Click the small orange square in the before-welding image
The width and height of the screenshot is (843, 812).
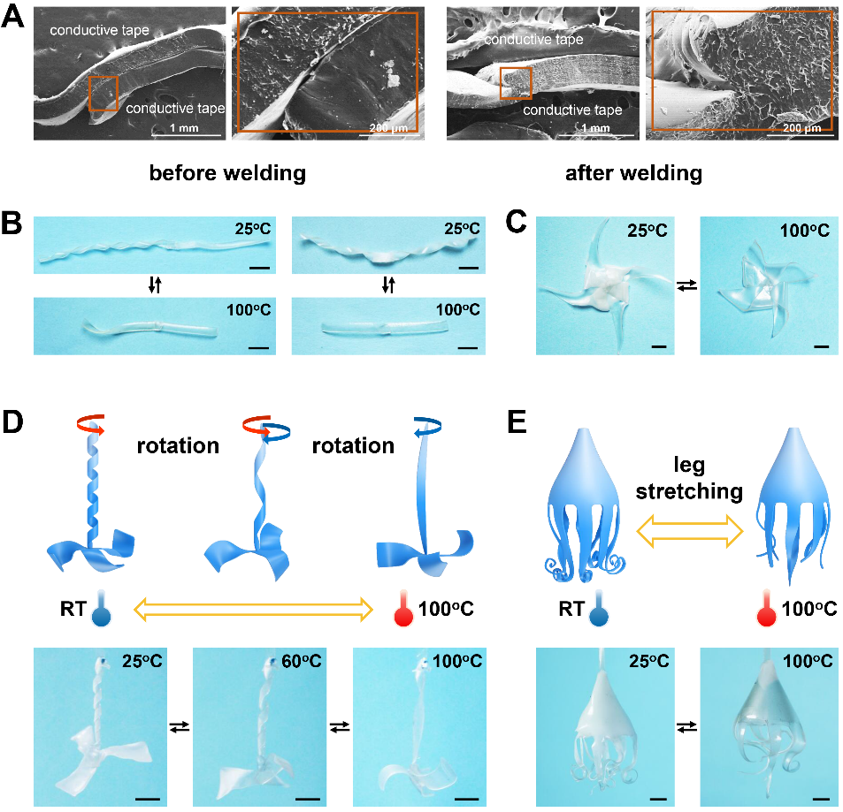103,94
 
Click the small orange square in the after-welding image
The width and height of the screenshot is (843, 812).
515,83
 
